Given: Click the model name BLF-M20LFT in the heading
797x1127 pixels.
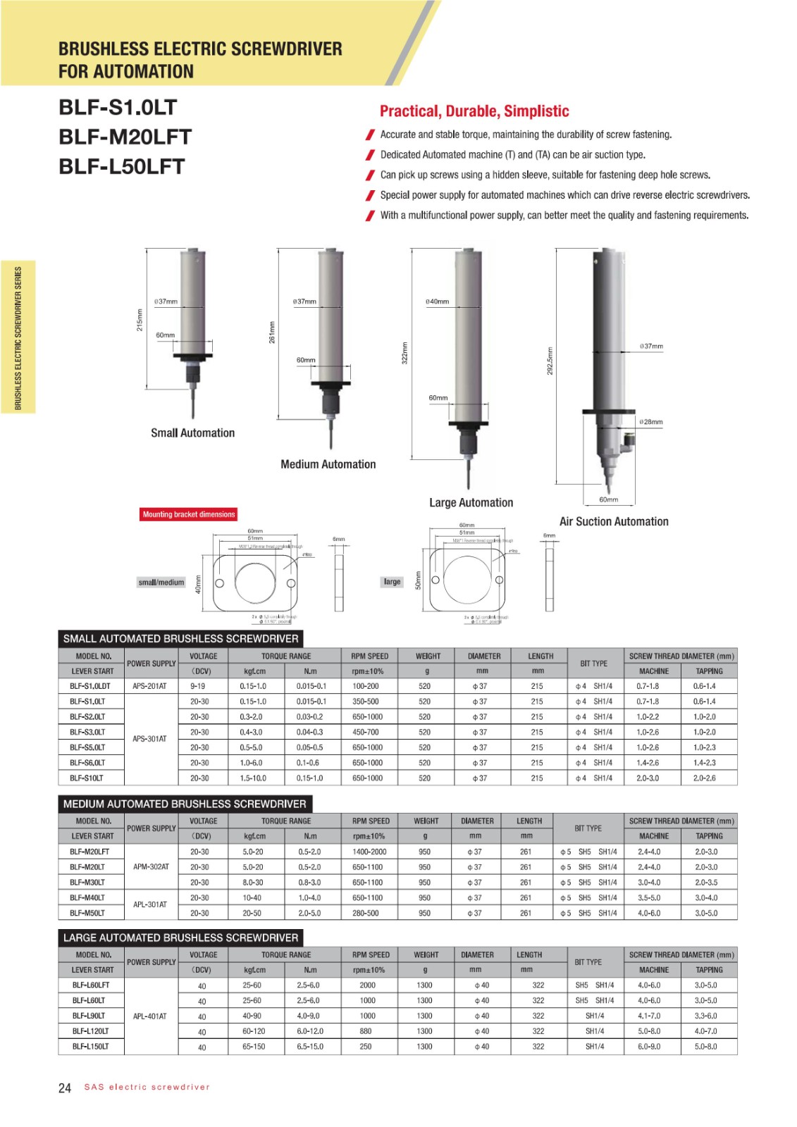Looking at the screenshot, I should point(125,137).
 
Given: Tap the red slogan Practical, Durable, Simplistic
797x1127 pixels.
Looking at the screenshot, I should point(474,111).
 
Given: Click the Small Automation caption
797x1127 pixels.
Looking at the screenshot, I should point(192,433).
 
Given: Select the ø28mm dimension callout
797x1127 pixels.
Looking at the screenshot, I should point(651,422).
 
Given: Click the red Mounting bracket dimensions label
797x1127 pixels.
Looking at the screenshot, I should point(189,514).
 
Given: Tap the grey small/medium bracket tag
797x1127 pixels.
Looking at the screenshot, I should point(161,583).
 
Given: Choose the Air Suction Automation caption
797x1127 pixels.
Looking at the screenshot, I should point(613,521).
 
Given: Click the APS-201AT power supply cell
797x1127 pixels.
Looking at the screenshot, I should point(149,686).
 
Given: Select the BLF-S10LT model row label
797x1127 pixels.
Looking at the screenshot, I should point(87,778).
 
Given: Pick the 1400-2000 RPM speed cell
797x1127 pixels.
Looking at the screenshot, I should point(369,852).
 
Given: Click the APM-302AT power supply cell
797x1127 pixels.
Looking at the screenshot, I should point(151,867).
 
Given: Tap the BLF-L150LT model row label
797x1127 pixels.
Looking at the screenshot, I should point(90,1047).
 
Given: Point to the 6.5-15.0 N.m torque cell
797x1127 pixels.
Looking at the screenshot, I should point(310,1047).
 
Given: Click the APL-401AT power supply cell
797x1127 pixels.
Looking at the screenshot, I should point(150,1016).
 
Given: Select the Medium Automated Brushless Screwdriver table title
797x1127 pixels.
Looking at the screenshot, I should point(185,804).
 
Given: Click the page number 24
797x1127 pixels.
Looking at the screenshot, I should point(65,1088).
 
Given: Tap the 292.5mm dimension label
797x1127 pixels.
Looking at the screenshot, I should point(550,361).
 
